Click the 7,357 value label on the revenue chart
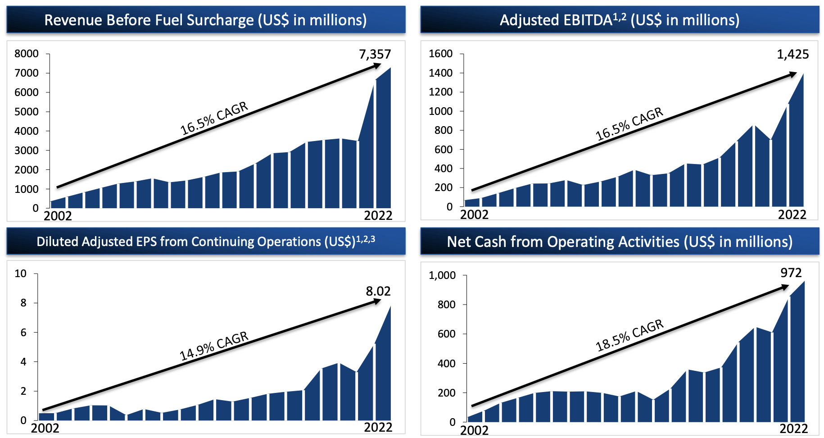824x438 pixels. point(375,55)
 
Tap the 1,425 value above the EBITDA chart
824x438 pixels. point(792,55)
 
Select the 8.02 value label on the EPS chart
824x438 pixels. point(378,291)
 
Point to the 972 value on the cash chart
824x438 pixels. point(791,273)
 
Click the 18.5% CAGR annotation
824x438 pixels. point(629,335)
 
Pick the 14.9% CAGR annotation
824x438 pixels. point(214,346)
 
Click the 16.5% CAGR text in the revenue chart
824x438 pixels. point(214,118)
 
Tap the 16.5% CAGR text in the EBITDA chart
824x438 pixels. point(629,124)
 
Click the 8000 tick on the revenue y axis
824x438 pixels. point(27,54)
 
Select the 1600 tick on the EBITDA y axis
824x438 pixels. point(440,54)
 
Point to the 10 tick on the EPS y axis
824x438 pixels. point(20,274)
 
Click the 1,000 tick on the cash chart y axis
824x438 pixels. point(442,275)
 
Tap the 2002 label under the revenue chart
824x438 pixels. point(58,216)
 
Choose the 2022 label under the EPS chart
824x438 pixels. point(378,427)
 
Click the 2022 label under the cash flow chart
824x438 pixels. point(793,429)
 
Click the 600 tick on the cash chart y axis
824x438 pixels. point(446,334)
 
